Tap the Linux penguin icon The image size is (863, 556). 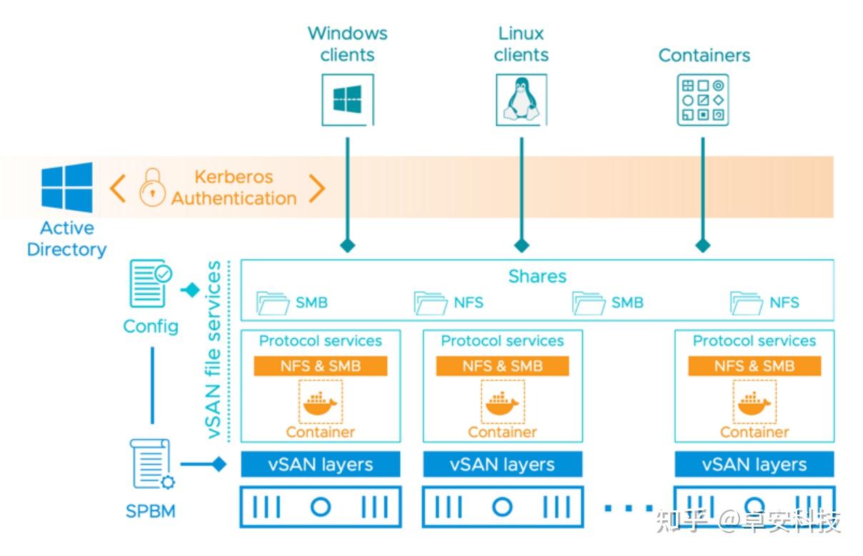point(522,100)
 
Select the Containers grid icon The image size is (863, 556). point(703,100)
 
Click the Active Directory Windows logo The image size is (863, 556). point(66,188)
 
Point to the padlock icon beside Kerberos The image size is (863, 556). point(152,188)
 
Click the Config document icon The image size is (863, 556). point(150,284)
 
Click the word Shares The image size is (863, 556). point(537,277)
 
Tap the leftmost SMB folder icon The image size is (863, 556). point(273,303)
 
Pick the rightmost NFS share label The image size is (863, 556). point(784,303)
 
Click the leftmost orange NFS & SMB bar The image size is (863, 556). point(321,366)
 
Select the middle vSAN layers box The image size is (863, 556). point(502,465)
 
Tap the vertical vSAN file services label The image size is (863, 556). point(214,350)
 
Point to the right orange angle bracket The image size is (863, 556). point(316,188)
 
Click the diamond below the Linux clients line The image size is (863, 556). point(522,245)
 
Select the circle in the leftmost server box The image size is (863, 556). point(321,507)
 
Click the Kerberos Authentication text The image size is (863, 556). point(234,188)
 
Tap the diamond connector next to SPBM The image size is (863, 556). point(219,465)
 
